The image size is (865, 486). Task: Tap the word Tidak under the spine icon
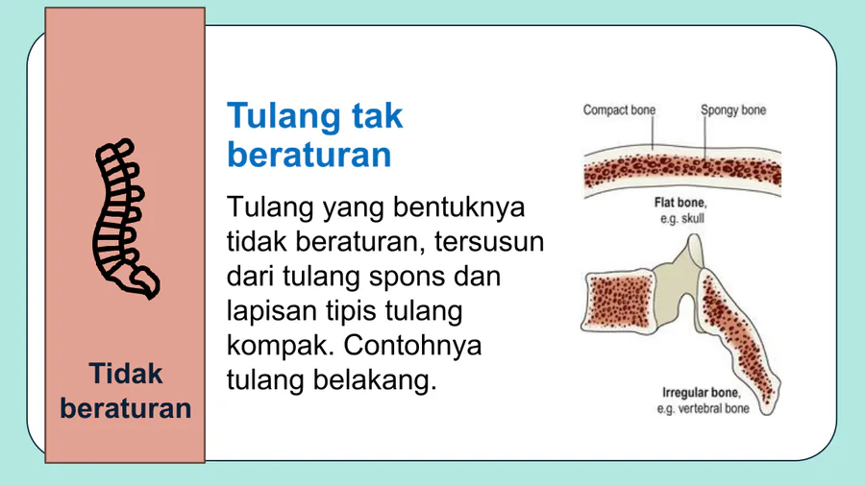[x=126, y=374]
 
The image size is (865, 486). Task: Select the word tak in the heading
[x=378, y=115]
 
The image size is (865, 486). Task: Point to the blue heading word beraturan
[x=309, y=155]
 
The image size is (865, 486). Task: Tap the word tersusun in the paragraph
[x=489, y=242]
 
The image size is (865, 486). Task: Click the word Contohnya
[x=412, y=346]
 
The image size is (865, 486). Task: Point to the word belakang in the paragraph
[x=375, y=380]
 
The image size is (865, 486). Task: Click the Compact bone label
[x=619, y=110]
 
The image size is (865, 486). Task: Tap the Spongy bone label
[x=733, y=110]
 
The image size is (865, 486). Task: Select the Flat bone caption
[x=680, y=203]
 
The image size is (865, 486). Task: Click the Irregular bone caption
[x=702, y=393]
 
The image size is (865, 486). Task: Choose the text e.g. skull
[x=682, y=219]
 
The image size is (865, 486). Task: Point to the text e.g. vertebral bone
[x=703, y=409]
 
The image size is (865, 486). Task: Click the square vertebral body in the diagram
[x=618, y=301]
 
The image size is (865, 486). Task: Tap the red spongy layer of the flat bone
[x=682, y=171]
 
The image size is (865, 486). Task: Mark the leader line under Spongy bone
[x=704, y=137]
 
